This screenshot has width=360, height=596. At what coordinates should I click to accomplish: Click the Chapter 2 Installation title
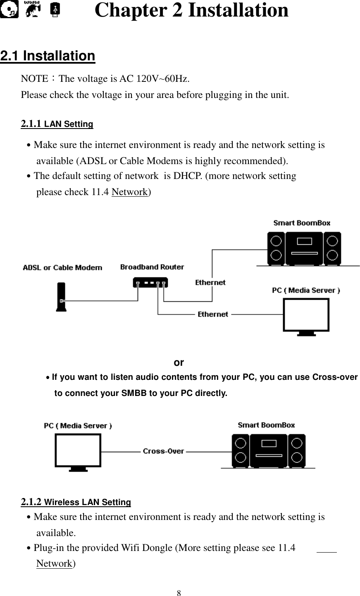[191, 10]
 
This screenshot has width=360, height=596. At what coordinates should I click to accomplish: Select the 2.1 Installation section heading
[48, 56]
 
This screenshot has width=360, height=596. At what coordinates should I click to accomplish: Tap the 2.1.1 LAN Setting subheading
[57, 124]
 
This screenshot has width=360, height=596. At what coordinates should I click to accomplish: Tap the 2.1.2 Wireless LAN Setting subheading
[76, 502]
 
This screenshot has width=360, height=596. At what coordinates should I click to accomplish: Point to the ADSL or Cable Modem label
[62, 267]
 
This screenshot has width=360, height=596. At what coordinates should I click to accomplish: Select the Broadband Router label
[152, 267]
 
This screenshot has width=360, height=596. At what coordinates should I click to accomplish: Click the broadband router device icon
[150, 283]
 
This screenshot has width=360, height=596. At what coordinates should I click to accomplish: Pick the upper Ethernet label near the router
[210, 282]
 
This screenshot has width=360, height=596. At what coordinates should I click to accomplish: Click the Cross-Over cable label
[163, 451]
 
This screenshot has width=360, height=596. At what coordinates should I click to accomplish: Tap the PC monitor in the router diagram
[306, 316]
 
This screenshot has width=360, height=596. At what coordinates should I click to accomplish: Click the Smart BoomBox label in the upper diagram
[302, 223]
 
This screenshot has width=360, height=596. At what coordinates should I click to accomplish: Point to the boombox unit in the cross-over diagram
[268, 450]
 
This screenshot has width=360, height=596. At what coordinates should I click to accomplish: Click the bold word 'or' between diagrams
[179, 363]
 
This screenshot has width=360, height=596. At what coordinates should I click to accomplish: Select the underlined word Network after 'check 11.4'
[130, 192]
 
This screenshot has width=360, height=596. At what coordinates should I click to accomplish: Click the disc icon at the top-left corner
[9, 10]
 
